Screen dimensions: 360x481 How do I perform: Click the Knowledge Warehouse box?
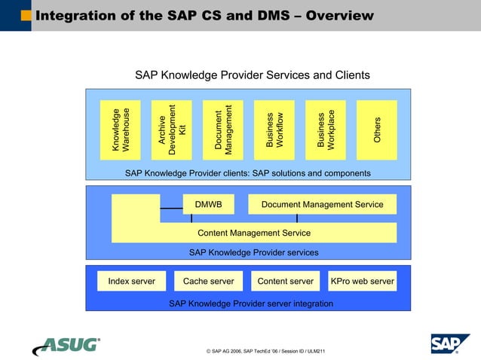tap(121, 130)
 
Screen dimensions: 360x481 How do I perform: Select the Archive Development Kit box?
tap(172, 130)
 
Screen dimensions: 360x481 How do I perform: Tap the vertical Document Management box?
tap(223, 130)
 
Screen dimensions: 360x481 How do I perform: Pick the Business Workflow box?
tap(274, 130)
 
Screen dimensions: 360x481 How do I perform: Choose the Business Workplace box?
tap(326, 130)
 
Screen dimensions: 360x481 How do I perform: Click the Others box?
tap(377, 130)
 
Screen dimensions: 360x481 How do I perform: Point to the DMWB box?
tap(208, 204)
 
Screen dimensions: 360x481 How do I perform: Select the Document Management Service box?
tap(322, 204)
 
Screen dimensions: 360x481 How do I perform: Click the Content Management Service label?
tap(254, 233)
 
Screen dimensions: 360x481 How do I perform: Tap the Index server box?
tap(132, 281)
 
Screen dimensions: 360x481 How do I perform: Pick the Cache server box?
tap(209, 281)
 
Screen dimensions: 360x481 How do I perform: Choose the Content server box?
tap(285, 281)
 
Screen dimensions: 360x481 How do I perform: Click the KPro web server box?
tap(362, 281)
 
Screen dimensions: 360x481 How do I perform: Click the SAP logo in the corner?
tap(449, 343)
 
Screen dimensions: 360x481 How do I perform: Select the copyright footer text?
tap(265, 351)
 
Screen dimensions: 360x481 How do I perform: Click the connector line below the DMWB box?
tap(191, 218)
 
